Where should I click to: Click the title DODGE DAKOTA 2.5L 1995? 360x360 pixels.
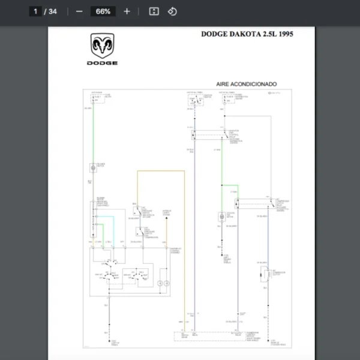247,34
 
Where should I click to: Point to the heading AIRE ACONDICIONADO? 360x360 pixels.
247,85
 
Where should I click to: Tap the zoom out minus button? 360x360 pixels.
79,11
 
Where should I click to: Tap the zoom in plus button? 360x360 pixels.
127,11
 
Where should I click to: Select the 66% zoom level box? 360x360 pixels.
103,11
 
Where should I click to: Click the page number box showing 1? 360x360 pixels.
35,11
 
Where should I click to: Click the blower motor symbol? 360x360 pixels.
93,169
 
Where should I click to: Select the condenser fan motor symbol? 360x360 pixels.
221,217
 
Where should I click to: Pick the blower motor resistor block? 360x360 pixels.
100,220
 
